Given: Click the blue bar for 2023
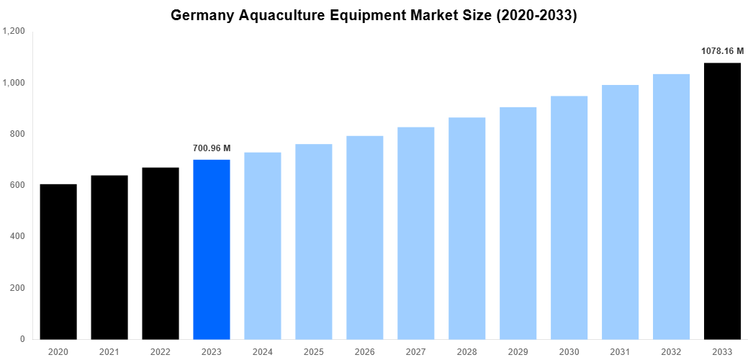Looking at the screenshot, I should click(x=212, y=249).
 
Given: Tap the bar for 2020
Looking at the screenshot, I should click(x=58, y=261).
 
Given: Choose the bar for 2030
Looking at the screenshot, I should click(x=569, y=217).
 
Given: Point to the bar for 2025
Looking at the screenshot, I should click(x=314, y=241).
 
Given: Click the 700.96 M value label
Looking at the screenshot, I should click(x=212, y=148).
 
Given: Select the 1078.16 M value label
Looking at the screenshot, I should click(x=722, y=51).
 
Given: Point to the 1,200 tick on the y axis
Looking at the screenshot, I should click(x=14, y=32).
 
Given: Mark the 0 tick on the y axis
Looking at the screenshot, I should click(x=22, y=339).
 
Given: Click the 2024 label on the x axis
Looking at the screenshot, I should click(x=263, y=351).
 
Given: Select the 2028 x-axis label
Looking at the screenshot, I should click(x=467, y=351).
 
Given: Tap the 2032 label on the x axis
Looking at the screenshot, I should click(x=671, y=351).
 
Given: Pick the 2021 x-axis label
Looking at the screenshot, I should click(x=109, y=351).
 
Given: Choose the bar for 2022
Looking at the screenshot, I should click(x=161, y=253).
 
